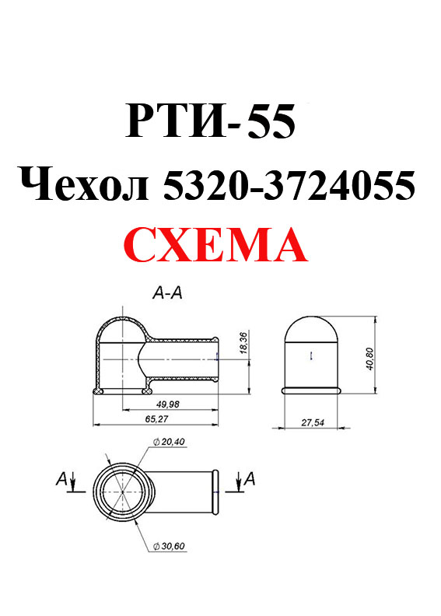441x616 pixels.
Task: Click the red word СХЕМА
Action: coord(215,245)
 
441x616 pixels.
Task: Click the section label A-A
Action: coord(168,292)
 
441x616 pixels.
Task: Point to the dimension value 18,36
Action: coord(243,342)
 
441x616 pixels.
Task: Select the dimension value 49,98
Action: coord(167,404)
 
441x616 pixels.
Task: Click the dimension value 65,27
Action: coord(156,418)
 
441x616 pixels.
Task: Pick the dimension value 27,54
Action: coord(313,422)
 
